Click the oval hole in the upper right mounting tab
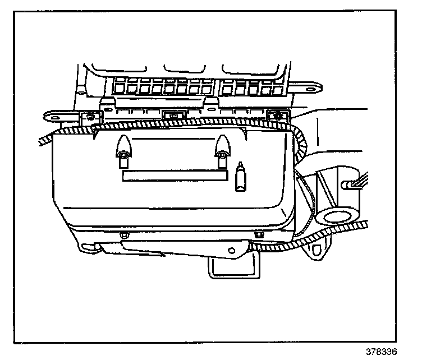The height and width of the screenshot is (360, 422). pyautogui.click(x=313, y=88)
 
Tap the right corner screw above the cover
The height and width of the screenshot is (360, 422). pyautogui.click(x=276, y=116)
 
